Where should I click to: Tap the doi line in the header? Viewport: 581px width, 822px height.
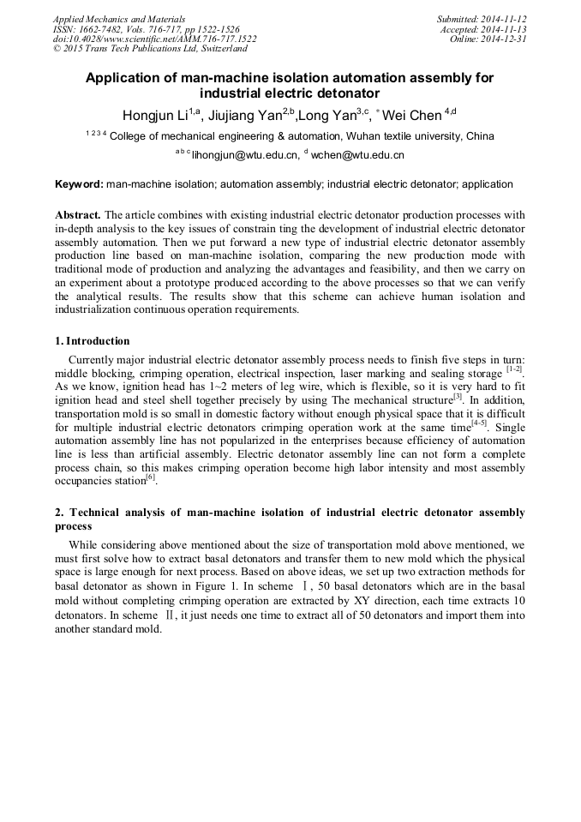pos(154,39)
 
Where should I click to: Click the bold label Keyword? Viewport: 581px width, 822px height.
pos(79,184)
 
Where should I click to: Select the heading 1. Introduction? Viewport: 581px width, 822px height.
pos(93,341)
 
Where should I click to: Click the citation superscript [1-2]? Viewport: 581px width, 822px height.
pos(514,369)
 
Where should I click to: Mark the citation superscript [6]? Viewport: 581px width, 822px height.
pos(151,477)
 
